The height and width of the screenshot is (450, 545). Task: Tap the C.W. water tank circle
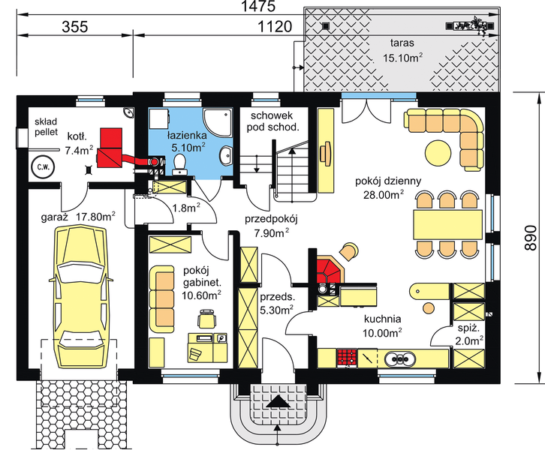43,167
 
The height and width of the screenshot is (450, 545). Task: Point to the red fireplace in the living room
329,270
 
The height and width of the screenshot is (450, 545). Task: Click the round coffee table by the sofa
438,152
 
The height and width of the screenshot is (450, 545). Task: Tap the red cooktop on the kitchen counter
347,358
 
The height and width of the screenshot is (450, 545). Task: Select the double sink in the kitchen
399,358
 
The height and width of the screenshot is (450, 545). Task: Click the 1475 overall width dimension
258,6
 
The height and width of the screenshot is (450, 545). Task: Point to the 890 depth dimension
531,238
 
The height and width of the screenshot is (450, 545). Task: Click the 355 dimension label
75,26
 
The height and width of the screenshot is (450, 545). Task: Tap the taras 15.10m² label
403,50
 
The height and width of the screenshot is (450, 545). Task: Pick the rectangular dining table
447,224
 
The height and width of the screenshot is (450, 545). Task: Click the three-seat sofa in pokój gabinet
161,299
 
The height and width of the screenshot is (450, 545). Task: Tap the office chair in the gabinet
207,318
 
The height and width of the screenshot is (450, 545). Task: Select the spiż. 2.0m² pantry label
469,334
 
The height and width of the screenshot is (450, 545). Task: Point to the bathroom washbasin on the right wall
226,156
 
